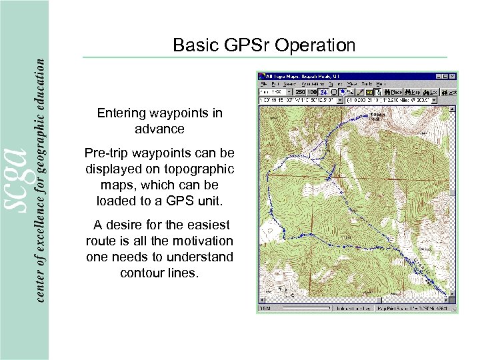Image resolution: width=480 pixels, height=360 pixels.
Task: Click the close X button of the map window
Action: [453, 77]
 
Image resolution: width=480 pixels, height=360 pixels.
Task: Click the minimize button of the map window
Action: [439, 77]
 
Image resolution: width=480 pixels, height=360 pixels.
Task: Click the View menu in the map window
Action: [352, 84]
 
